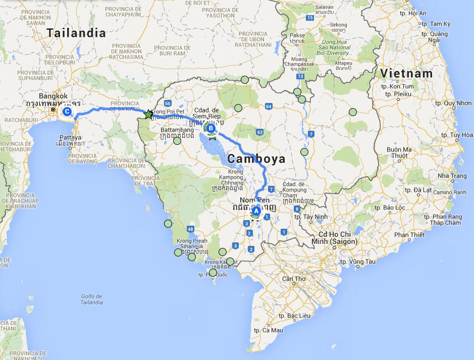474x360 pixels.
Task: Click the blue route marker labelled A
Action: pos(256,211)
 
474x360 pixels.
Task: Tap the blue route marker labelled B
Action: pos(210,128)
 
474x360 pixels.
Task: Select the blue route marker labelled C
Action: pos(66,112)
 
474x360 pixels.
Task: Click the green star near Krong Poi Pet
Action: pos(148,115)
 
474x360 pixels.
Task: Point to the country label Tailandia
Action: pos(76,33)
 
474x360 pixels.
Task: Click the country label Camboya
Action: pos(256,159)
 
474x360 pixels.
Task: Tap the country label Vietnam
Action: pos(406,73)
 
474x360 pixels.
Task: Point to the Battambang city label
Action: pos(177,130)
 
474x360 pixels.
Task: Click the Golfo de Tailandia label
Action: pos(91,299)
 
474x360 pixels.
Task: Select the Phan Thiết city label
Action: pos(409,235)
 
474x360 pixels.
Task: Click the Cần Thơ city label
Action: pos(294,279)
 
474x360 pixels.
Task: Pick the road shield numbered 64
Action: pos(268,107)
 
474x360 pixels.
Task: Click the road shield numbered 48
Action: pos(190,229)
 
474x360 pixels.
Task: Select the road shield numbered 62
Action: pos(259,132)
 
